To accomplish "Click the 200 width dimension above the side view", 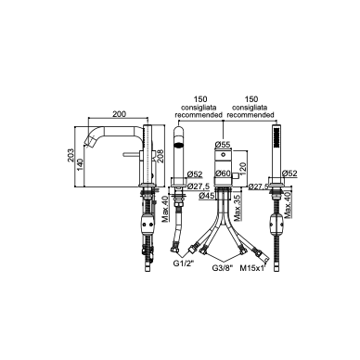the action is tap(119, 114).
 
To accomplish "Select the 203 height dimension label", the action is tap(71, 156).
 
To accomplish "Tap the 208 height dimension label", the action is tap(160, 157).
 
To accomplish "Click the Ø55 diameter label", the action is tap(222, 145).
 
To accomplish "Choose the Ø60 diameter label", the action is tap(224, 174).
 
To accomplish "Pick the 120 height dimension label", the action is tap(242, 168).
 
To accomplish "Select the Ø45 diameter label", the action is tap(207, 196).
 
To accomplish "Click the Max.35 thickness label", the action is tap(238, 210).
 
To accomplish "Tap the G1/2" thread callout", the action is tap(184, 264).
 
